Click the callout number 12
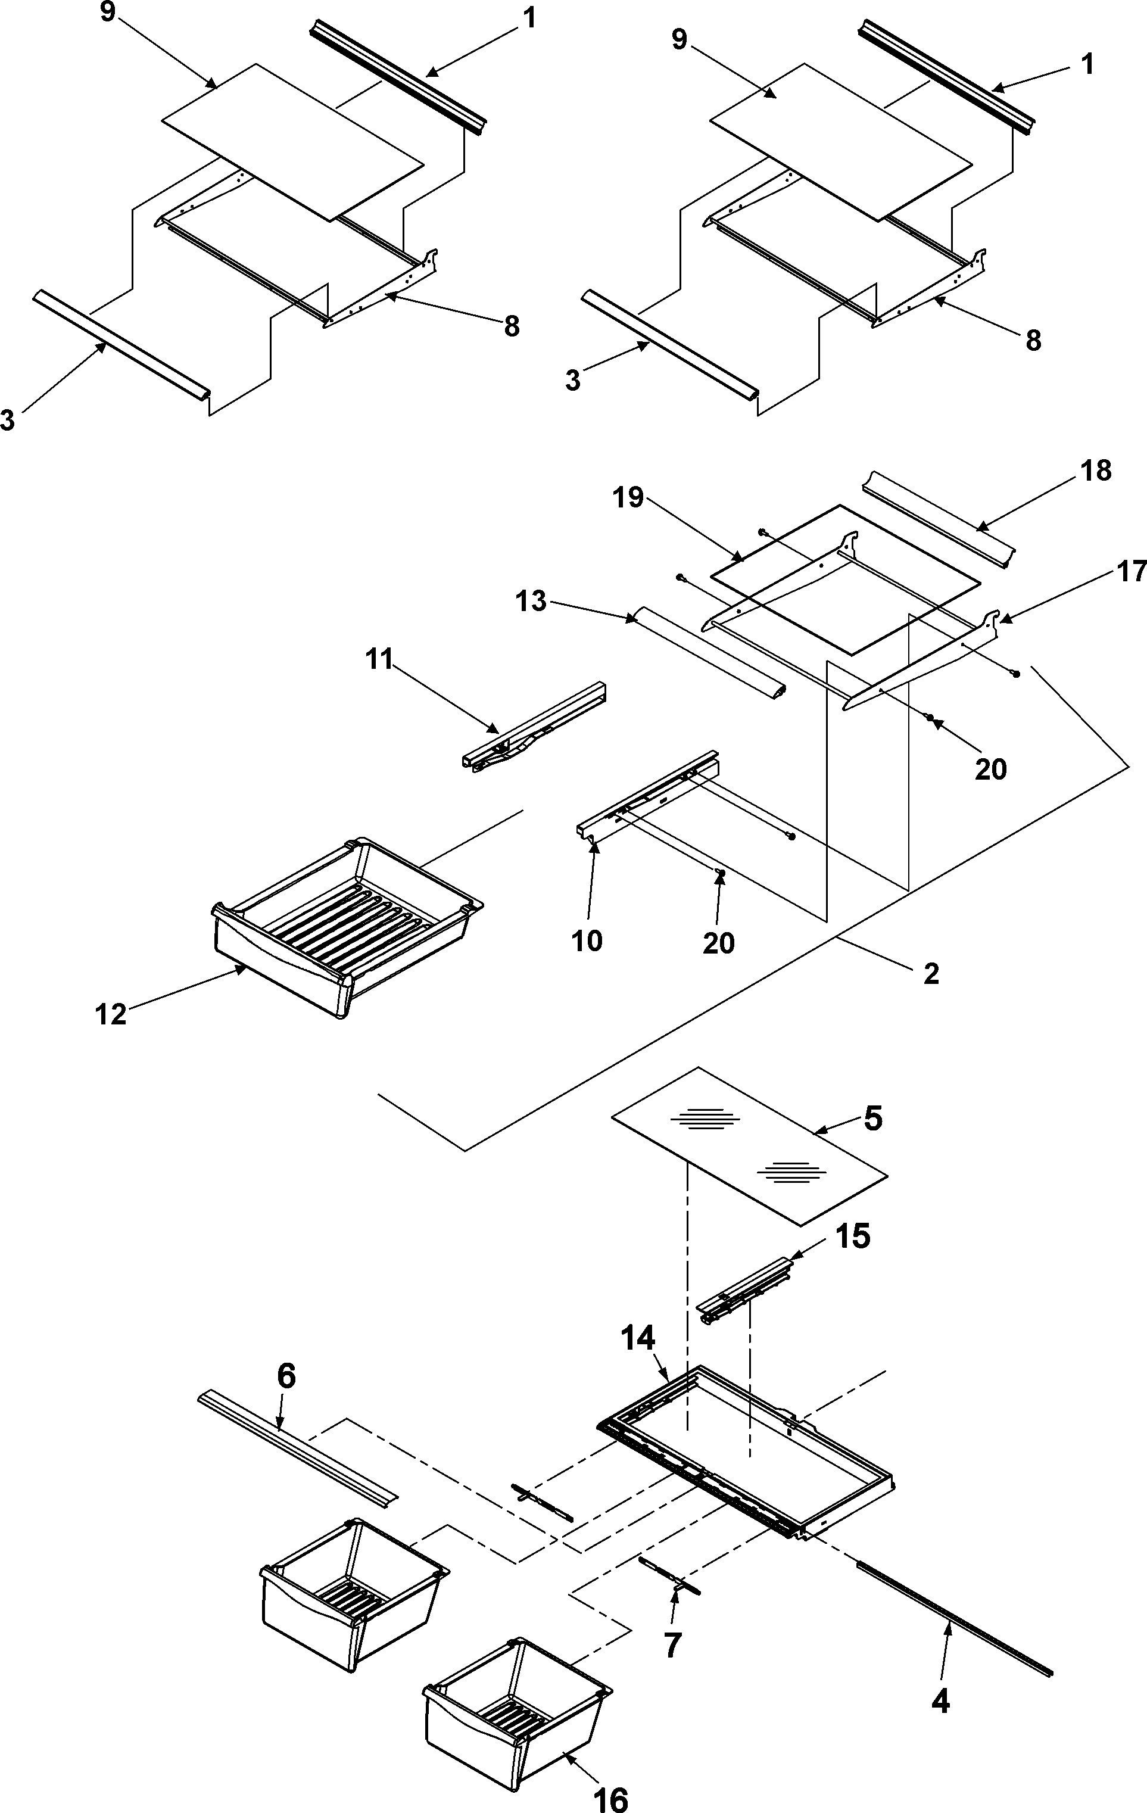[111, 1014]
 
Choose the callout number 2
[931, 974]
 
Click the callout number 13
[531, 602]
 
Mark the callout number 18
[1096, 471]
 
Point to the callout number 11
[379, 659]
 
